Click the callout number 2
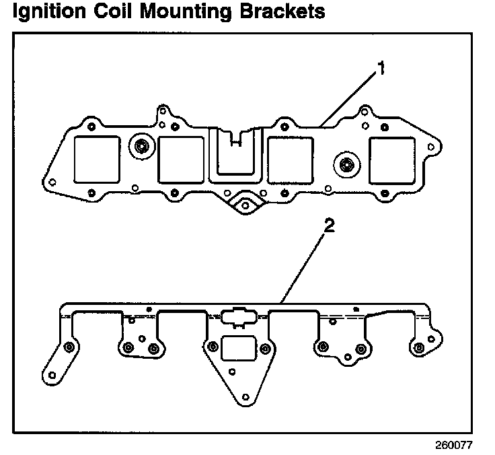(329, 226)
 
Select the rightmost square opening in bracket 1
(393, 159)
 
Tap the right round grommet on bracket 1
(346, 164)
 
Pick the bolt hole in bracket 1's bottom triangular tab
(245, 203)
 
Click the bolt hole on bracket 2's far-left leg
(69, 347)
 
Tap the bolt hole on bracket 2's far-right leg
(420, 347)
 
